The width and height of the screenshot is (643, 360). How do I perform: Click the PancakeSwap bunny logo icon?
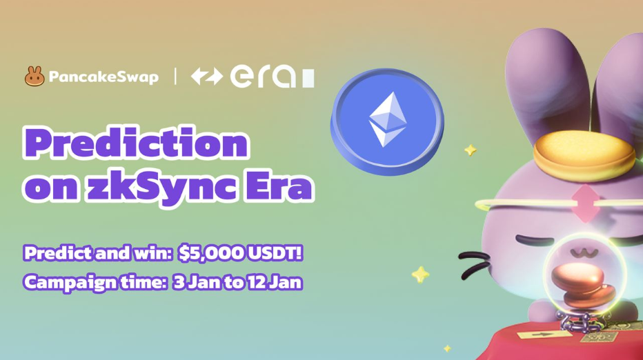pyautogui.click(x=34, y=77)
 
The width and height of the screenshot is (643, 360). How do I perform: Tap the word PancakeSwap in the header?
pyautogui.click(x=103, y=77)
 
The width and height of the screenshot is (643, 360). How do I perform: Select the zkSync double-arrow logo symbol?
pyautogui.click(x=207, y=77)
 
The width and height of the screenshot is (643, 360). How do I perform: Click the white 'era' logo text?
pyautogui.click(x=263, y=77)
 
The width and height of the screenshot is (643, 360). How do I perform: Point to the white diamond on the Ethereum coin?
pyautogui.click(x=388, y=119)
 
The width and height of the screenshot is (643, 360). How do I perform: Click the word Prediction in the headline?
pyautogui.click(x=136, y=143)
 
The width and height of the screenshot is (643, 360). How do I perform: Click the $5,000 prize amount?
pyautogui.click(x=210, y=253)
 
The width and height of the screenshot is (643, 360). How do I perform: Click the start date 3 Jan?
pyautogui.click(x=196, y=282)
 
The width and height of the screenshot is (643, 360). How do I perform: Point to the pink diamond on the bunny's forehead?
pyautogui.click(x=586, y=203)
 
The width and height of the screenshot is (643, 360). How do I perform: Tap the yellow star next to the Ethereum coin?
pyautogui.click(x=471, y=150)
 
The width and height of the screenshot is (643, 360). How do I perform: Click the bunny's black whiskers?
pyautogui.click(x=475, y=263)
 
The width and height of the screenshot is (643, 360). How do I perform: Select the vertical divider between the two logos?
pyautogui.click(x=175, y=77)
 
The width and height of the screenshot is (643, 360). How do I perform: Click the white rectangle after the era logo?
pyautogui.click(x=308, y=78)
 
